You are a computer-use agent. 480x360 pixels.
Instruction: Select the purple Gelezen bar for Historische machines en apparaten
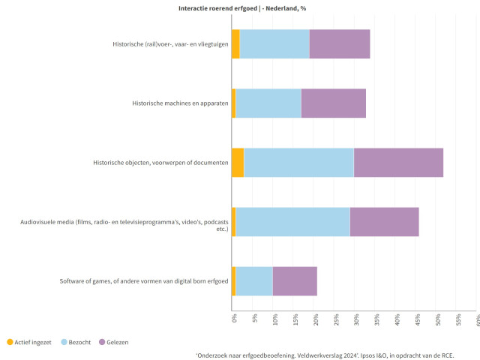(x=334, y=103)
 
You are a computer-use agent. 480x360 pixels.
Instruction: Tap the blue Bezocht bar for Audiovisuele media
(x=292, y=222)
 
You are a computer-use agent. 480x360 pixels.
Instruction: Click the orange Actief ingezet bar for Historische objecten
(x=238, y=163)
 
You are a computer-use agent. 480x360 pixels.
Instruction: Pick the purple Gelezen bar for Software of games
(x=295, y=281)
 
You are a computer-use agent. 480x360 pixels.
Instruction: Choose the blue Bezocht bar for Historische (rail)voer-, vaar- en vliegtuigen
(x=274, y=43)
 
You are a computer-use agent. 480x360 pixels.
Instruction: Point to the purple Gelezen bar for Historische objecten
(x=398, y=163)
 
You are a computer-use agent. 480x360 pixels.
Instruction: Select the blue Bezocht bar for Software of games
(x=254, y=281)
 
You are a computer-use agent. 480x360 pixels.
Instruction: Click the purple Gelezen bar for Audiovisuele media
(x=384, y=222)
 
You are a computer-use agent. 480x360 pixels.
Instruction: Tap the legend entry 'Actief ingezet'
(x=29, y=342)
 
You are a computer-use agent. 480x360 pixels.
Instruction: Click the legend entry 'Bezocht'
(x=75, y=342)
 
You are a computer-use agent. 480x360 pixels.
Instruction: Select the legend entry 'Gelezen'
(x=113, y=342)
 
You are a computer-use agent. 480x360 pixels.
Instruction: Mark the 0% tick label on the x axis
(x=234, y=319)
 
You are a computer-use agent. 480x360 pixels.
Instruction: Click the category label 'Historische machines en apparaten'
(x=179, y=103)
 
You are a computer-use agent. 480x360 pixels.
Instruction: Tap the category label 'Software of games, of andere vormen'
(x=144, y=281)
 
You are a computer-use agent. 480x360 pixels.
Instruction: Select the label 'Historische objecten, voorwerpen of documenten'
(x=160, y=163)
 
